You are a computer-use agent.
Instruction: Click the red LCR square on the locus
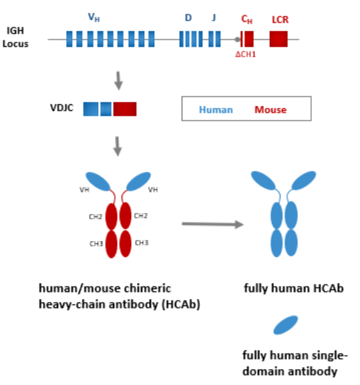pos(279,39)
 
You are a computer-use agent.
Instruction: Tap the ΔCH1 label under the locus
pos(246,54)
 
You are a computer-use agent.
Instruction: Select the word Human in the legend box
pos(216,109)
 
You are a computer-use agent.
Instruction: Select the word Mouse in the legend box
pos(271,109)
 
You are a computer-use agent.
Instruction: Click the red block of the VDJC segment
pos(125,109)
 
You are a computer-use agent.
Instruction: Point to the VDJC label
pos(61,108)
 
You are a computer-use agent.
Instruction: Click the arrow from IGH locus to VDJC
pos(118,81)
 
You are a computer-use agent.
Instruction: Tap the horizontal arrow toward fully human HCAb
pos(212,224)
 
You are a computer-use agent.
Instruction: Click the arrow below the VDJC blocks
pos(118,146)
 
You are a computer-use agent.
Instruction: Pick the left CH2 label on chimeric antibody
pos(96,217)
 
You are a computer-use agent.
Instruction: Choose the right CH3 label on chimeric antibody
pos(142,243)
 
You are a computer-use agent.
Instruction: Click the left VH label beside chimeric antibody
pos(84,189)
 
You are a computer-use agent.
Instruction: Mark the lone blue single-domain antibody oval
pos(286,325)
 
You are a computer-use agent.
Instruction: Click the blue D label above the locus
pos(188,17)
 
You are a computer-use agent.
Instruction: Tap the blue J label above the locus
pos(214,17)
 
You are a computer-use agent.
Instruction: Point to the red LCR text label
pos(280,19)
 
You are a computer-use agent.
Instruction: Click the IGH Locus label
pos(15,37)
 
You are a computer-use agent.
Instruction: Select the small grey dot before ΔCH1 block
pos(237,39)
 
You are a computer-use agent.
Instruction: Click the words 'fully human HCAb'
pos(294,288)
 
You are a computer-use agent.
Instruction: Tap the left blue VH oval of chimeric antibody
pos(98,181)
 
